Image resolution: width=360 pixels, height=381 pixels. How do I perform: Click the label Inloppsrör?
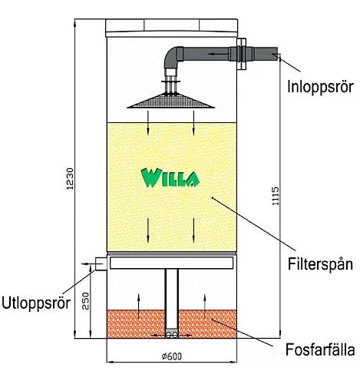click(320, 87)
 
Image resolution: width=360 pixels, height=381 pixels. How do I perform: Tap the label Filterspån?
click(320, 263)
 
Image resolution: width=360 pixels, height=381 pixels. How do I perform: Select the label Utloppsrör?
click(36, 303)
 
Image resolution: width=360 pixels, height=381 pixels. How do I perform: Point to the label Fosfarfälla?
click(320, 350)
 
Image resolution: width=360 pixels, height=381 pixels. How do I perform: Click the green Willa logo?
click(170, 177)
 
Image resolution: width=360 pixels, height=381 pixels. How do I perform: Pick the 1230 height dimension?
click(70, 179)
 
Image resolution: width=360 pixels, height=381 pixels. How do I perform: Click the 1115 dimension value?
click(276, 196)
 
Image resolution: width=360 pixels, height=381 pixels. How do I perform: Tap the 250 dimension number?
click(86, 301)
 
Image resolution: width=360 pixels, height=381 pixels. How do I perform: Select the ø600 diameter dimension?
click(172, 356)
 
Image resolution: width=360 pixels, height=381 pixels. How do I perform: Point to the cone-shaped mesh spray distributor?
click(171, 101)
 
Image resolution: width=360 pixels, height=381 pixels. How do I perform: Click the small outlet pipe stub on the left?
click(101, 263)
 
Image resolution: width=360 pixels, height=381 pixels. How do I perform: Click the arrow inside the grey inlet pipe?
click(217, 54)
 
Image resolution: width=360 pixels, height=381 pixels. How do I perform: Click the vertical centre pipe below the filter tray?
click(172, 299)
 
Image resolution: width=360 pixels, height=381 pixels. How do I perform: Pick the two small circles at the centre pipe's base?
click(172, 335)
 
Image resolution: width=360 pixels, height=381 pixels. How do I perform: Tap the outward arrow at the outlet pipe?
click(88, 263)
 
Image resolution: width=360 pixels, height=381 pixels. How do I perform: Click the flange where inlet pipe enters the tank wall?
click(241, 54)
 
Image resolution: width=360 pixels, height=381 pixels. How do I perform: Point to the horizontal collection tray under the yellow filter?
click(171, 263)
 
